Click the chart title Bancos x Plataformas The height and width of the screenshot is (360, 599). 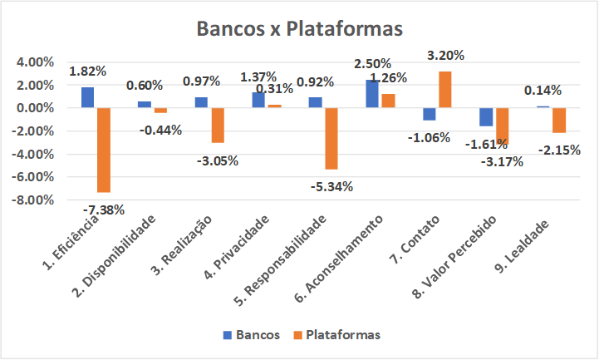click(299, 28)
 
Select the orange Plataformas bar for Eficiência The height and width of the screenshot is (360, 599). click(104, 150)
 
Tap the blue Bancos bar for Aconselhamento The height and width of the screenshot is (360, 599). click(372, 94)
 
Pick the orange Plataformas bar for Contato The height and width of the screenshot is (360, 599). click(444, 90)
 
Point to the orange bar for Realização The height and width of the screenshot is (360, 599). click(217, 125)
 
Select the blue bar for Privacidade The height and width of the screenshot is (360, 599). click(258, 100)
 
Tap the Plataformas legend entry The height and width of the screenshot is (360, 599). click(336, 335)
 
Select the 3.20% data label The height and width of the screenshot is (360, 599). click(444, 56)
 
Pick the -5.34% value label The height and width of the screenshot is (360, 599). click(331, 186)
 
